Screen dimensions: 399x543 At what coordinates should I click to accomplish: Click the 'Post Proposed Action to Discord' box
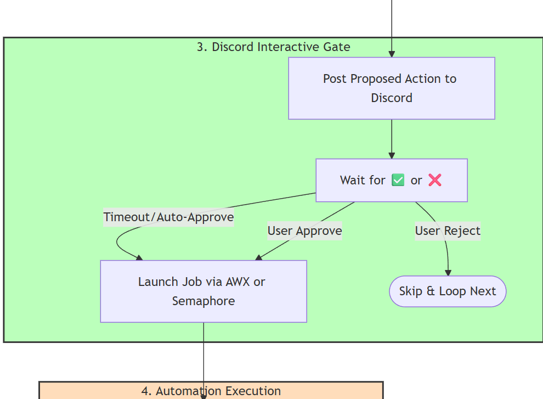tap(392, 88)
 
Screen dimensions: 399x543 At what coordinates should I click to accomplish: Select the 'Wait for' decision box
tap(392, 181)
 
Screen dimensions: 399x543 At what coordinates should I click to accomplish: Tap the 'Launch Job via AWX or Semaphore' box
tap(203, 291)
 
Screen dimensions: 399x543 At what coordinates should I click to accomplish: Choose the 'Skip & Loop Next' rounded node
tap(448, 291)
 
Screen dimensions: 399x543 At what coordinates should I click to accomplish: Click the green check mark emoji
tap(398, 181)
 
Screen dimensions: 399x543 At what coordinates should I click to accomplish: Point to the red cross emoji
tap(435, 181)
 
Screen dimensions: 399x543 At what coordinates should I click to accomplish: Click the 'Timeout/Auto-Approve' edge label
tap(169, 217)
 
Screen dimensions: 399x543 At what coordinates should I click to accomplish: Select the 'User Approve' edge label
tap(305, 231)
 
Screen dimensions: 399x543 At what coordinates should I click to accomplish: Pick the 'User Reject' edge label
tap(448, 231)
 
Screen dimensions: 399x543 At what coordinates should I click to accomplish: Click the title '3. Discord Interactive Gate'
tap(274, 47)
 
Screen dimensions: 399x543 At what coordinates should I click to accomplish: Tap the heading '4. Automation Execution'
tap(211, 391)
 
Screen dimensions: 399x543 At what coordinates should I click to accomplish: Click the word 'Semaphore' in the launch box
tap(203, 301)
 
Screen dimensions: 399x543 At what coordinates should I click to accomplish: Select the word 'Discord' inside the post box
tap(392, 98)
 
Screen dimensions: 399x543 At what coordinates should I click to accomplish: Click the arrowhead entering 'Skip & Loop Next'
tap(448, 273)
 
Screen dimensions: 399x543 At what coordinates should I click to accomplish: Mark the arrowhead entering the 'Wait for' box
tap(392, 155)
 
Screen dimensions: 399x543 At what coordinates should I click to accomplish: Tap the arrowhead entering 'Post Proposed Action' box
tap(392, 54)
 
